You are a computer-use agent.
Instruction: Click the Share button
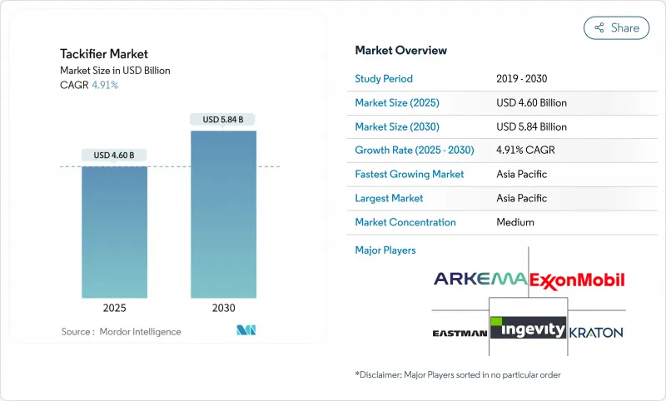tap(616, 27)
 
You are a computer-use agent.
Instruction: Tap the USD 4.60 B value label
tap(114, 155)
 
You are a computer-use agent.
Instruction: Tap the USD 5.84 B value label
tap(223, 120)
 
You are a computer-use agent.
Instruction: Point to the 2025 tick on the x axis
tap(114, 308)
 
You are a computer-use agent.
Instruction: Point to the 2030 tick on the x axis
tap(223, 308)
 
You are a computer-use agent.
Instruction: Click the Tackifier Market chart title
tap(103, 54)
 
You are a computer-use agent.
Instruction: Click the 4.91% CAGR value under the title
tap(104, 85)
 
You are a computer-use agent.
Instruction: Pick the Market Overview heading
tap(400, 51)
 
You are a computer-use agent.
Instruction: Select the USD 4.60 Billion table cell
tap(530, 103)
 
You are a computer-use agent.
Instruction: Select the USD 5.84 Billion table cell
tap(530, 127)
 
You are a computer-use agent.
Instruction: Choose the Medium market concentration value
tap(514, 223)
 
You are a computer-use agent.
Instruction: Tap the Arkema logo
tap(480, 279)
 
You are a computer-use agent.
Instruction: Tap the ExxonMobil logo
tap(577, 279)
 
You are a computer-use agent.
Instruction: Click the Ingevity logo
tap(528, 329)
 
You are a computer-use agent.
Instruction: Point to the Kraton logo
tap(596, 332)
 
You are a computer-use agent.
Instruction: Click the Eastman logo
tap(460, 333)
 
